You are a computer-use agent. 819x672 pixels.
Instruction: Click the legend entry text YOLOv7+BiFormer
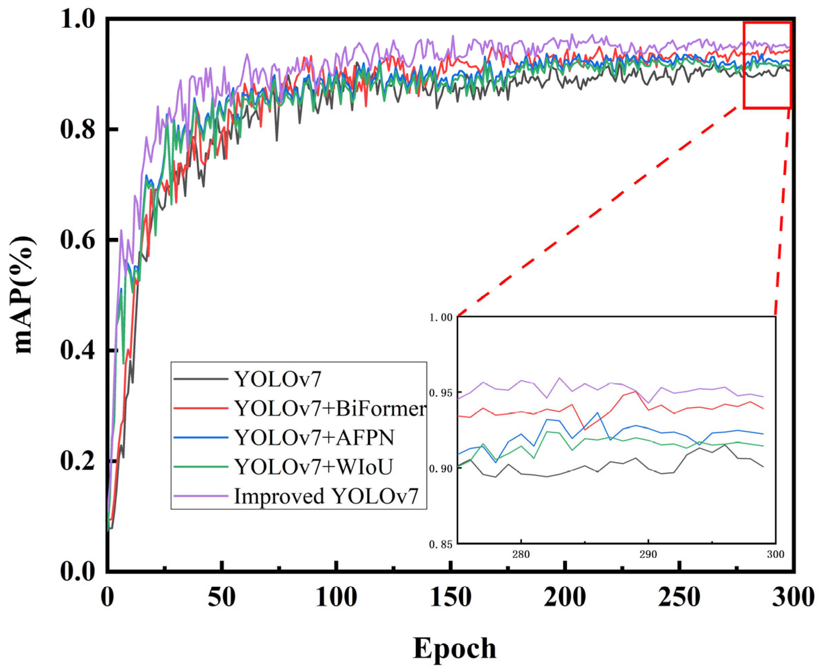point(330,408)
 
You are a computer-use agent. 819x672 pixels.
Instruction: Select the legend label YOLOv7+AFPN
point(314,438)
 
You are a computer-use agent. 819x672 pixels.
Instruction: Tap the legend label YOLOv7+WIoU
point(313,467)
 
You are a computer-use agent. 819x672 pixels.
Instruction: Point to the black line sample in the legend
point(201,379)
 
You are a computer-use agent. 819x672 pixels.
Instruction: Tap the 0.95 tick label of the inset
point(440,393)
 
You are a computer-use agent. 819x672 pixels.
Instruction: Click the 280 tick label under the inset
point(521,555)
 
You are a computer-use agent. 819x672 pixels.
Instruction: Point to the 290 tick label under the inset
point(648,555)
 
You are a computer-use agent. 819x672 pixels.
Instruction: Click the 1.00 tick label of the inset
point(440,317)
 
